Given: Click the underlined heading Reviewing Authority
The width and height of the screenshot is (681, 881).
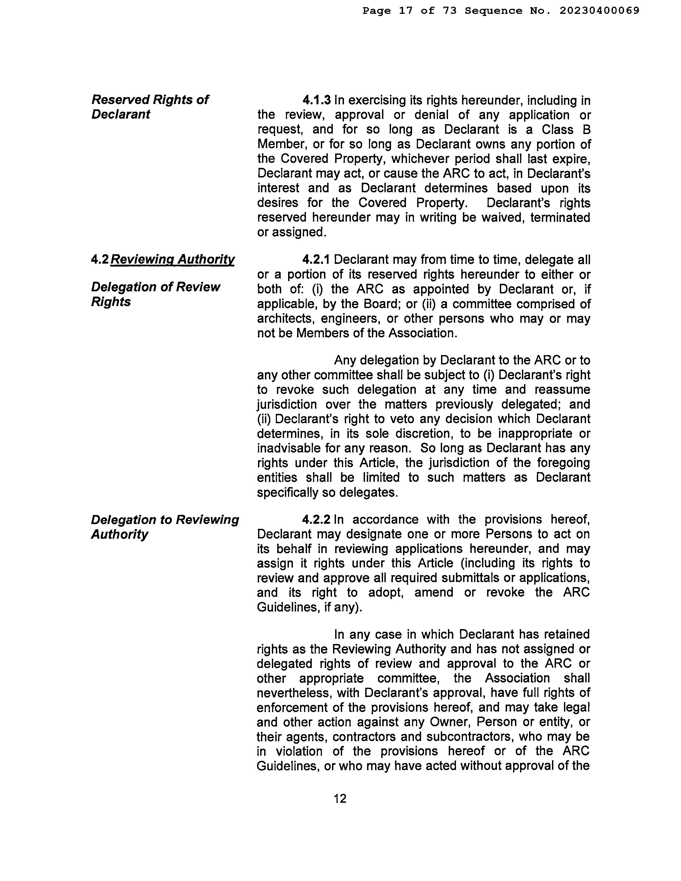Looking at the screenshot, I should pyautogui.click(x=172, y=259).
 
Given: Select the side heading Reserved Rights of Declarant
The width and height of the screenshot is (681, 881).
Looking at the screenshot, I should pyautogui.click(x=150, y=107).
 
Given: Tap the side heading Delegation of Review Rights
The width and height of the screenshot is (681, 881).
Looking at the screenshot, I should pyautogui.click(x=155, y=294).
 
